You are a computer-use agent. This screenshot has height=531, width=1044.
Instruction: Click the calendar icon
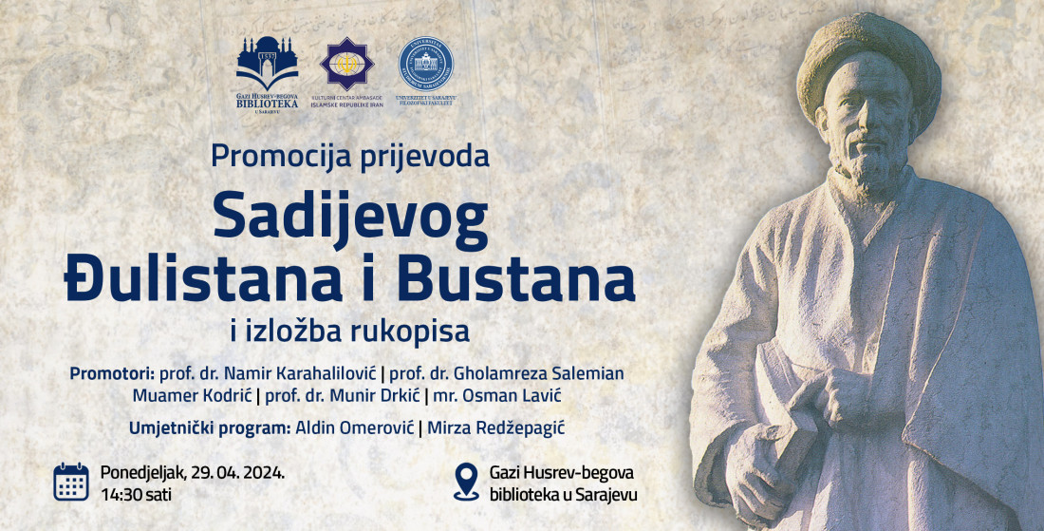(x=71, y=482)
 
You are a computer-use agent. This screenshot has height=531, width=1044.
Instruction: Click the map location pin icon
(x=466, y=482)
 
